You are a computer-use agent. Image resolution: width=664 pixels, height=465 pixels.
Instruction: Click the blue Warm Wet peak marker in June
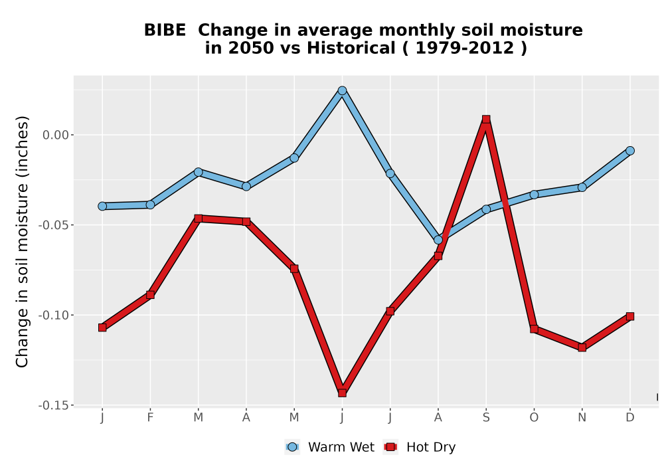[342, 90]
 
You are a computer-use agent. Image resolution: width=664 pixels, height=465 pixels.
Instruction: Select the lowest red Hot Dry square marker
[342, 393]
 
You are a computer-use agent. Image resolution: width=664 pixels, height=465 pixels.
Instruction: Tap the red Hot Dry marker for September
[486, 120]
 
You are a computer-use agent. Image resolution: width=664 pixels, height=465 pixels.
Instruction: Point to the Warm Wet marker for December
[630, 151]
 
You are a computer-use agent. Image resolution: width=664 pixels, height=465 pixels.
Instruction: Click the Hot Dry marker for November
[582, 347]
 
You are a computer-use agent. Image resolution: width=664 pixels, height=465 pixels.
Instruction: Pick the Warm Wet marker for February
[150, 205]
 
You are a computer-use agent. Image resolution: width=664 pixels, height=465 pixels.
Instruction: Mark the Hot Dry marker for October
[534, 329]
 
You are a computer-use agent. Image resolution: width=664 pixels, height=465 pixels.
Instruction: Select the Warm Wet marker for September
[486, 209]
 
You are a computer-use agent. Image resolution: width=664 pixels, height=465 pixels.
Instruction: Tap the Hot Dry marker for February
[150, 295]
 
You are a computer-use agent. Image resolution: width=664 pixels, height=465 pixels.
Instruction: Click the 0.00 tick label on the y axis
[56, 135]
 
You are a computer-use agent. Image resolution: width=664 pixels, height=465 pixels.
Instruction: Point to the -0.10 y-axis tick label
[53, 315]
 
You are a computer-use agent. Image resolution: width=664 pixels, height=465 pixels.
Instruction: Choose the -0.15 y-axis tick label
[53, 405]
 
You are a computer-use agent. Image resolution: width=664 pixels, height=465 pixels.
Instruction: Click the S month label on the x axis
[486, 418]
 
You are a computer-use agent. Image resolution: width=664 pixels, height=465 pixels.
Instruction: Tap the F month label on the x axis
[150, 418]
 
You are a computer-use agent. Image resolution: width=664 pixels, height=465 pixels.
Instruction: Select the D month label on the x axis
[630, 418]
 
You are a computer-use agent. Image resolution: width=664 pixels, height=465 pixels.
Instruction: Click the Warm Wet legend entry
[330, 447]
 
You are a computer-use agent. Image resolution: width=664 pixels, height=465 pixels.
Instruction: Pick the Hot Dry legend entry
[419, 447]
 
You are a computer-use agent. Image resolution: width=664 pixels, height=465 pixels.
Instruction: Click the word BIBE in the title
[165, 31]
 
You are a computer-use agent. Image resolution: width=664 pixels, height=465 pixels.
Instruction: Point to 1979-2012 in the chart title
[465, 48]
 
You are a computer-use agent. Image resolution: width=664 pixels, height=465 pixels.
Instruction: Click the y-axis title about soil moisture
[22, 241]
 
